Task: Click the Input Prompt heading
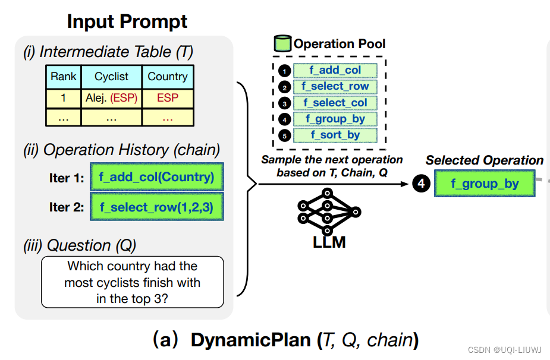[x=127, y=21]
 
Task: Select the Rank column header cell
[x=64, y=77]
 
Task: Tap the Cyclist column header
[x=111, y=77]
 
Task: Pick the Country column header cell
[x=167, y=77]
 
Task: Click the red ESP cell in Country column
[x=167, y=98]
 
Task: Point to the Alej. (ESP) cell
[x=111, y=98]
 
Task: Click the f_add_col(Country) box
[x=156, y=177]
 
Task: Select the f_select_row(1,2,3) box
[x=156, y=207]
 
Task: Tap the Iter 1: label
[x=66, y=178]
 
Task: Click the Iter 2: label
[x=66, y=207]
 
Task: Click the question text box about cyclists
[x=132, y=282]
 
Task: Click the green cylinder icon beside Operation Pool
[x=282, y=44]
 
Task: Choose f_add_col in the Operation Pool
[x=335, y=70]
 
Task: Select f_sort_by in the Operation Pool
[x=335, y=135]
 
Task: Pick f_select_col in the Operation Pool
[x=335, y=103]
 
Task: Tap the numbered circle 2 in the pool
[x=284, y=87]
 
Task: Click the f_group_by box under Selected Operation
[x=484, y=184]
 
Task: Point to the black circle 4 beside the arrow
[x=421, y=184]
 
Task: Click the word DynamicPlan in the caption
[x=250, y=340]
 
